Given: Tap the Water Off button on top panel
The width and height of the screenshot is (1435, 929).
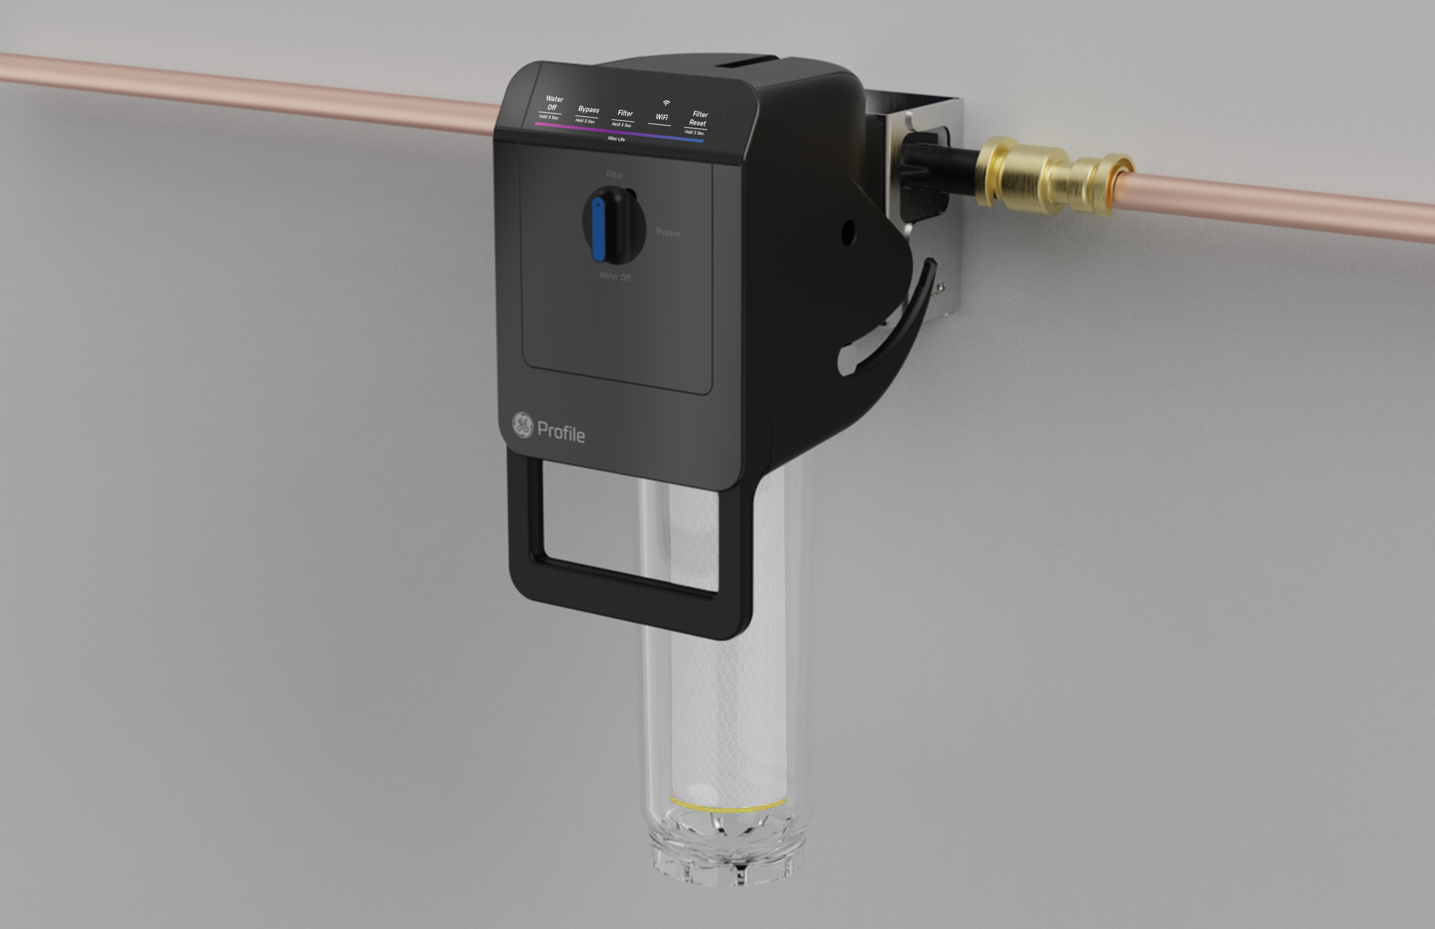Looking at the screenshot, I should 553,103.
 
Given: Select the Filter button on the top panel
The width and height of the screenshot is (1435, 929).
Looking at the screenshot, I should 625,113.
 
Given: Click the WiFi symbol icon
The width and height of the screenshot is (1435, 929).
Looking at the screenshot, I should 666,103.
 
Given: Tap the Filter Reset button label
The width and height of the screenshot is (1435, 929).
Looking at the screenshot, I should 699,118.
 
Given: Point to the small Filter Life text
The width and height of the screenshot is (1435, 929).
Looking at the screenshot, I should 616,139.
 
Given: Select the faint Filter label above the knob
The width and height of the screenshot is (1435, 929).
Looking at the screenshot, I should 615,175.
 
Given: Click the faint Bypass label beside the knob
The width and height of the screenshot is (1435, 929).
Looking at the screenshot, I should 668,232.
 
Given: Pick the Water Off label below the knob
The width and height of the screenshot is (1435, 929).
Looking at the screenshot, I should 615,276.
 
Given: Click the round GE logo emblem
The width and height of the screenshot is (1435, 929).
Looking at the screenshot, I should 523,425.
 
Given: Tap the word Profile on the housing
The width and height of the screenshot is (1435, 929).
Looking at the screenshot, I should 560,432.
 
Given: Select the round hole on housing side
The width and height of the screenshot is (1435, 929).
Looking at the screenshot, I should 847,233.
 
